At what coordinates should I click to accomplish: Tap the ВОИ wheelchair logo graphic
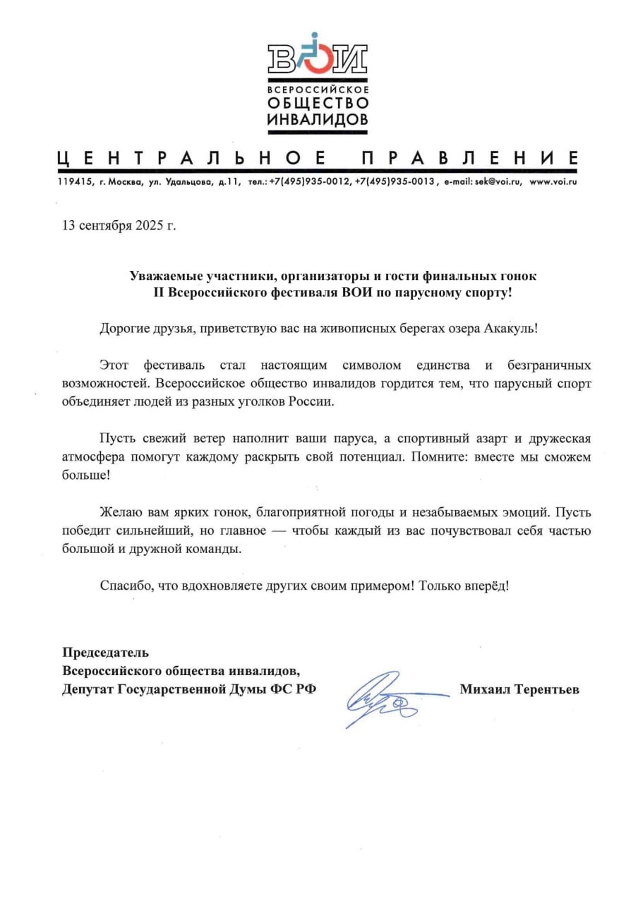point(317,55)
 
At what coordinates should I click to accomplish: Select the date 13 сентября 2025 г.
point(119,226)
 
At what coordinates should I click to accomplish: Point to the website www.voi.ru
point(553,182)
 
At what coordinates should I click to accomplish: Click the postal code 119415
point(74,182)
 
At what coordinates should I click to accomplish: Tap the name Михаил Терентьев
point(519,689)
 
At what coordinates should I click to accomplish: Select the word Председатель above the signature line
point(106,653)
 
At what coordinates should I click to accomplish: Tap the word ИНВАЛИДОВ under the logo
point(318,120)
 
